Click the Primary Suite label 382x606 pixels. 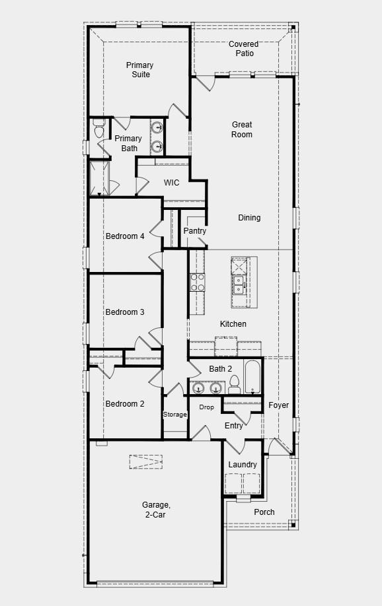point(139,70)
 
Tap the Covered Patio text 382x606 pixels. point(244,49)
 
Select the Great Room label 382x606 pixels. point(242,129)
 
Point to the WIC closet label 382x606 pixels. point(172,183)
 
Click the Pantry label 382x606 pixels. point(195,231)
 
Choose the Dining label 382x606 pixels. point(249,218)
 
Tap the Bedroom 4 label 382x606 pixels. point(125,236)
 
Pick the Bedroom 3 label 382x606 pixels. point(125,312)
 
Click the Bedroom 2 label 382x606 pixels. point(125,404)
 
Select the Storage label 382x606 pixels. point(175,415)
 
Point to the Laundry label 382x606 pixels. point(243,465)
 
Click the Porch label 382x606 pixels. point(264,512)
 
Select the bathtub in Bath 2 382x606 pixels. point(253,376)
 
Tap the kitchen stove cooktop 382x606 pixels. point(198,283)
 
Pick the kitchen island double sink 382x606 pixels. point(239,285)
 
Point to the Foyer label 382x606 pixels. point(279,405)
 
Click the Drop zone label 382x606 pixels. point(207,407)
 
